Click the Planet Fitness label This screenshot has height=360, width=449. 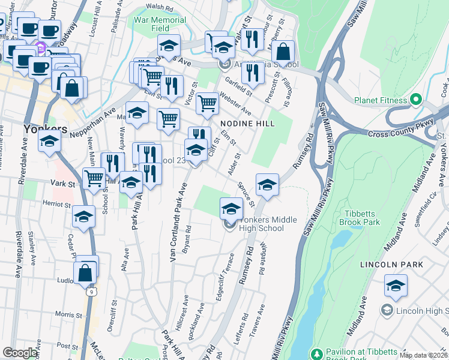coord(384,100)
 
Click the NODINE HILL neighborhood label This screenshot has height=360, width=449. coord(247,124)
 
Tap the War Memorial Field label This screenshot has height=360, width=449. coord(160,24)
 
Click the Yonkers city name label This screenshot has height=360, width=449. coord(44,129)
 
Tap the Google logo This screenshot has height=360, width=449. coord(20,353)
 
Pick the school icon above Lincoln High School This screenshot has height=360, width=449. coord(396,286)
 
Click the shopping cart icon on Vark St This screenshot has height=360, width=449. coord(94,178)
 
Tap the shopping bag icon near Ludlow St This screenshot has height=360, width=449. coord(85,273)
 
